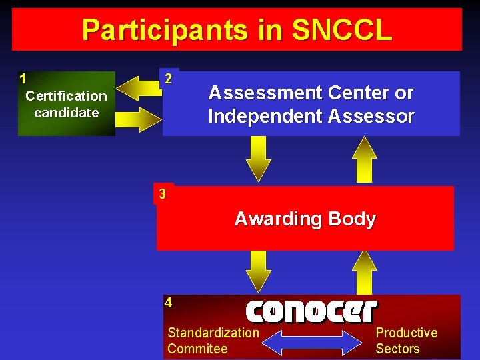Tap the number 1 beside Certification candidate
23,79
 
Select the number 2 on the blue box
169,79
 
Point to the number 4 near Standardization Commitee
169,303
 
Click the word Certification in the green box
66,96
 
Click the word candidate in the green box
66,113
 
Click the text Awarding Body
305,219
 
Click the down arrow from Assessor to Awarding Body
258,159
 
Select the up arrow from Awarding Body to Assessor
365,159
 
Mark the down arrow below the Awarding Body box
258,271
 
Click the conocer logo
311,311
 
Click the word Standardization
213,333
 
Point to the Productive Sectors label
406,341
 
